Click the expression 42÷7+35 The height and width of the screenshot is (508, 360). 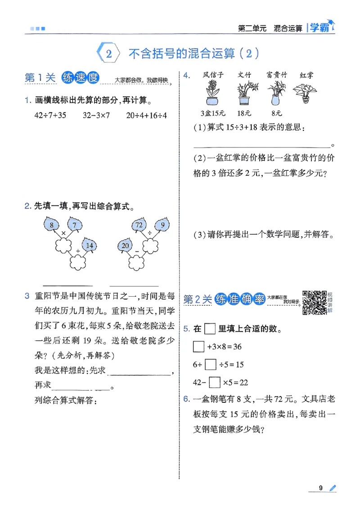50,115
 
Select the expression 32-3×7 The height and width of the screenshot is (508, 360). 96,115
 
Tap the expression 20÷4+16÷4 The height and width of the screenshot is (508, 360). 146,115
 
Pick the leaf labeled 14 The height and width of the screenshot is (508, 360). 90,245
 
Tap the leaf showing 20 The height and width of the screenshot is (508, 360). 125,245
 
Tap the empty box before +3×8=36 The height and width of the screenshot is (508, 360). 198,347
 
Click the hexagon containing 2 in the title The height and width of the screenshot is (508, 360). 108,54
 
